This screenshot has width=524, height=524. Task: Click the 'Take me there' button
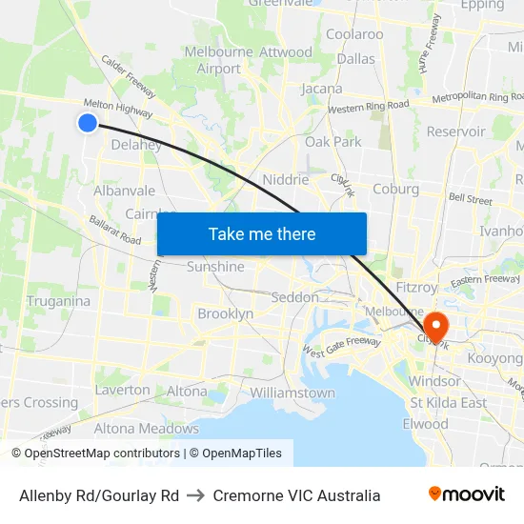(x=262, y=233)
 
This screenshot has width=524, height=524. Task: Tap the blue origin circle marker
(x=87, y=123)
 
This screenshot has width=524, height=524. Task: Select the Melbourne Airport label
(x=219, y=60)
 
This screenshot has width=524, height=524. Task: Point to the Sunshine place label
(x=215, y=267)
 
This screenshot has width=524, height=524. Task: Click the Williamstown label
(x=292, y=393)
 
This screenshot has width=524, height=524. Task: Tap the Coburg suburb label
(x=396, y=189)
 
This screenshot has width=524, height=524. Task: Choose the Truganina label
(x=58, y=301)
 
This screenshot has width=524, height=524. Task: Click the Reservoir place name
(x=456, y=131)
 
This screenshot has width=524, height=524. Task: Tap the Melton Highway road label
(x=118, y=107)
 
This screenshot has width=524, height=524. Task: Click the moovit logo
(x=467, y=494)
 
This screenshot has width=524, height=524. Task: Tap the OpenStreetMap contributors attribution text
(x=95, y=453)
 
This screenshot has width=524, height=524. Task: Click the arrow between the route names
(x=196, y=495)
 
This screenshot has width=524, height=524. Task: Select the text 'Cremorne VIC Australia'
(x=296, y=495)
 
